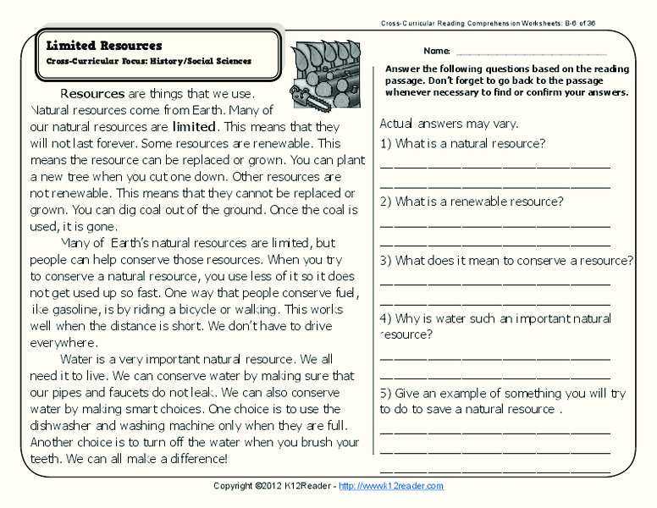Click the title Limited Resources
(x=105, y=45)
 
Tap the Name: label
(x=437, y=52)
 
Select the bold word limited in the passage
(x=194, y=127)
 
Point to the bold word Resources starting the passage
(x=92, y=93)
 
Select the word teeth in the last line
(x=46, y=459)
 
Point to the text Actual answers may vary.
(x=449, y=124)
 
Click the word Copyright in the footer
(x=232, y=486)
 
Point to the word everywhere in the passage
(x=63, y=343)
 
